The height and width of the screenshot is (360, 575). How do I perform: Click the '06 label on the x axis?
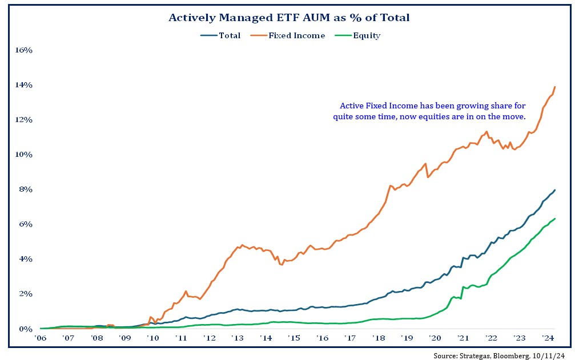[41, 338]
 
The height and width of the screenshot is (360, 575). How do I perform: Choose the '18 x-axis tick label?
[378, 338]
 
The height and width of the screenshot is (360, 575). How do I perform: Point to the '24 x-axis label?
[546, 338]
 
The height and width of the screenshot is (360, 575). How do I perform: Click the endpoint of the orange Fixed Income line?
[555, 87]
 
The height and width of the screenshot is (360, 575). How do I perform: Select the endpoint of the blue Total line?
[555, 190]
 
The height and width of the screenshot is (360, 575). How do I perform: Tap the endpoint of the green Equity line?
[555, 219]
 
